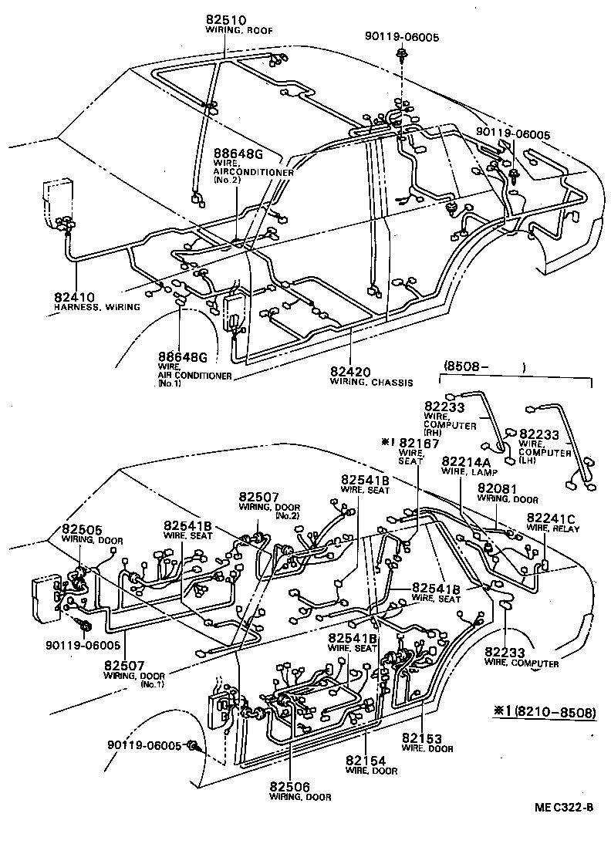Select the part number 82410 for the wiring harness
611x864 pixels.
[x=74, y=295]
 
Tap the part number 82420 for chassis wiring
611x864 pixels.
[x=351, y=370]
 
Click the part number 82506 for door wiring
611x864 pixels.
[x=291, y=786]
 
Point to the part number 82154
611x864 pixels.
[x=366, y=760]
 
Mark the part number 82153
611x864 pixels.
[x=421, y=738]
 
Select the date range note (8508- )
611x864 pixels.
[x=484, y=367]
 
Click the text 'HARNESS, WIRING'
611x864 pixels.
[x=97, y=306]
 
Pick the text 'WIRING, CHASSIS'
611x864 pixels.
[x=371, y=382]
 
